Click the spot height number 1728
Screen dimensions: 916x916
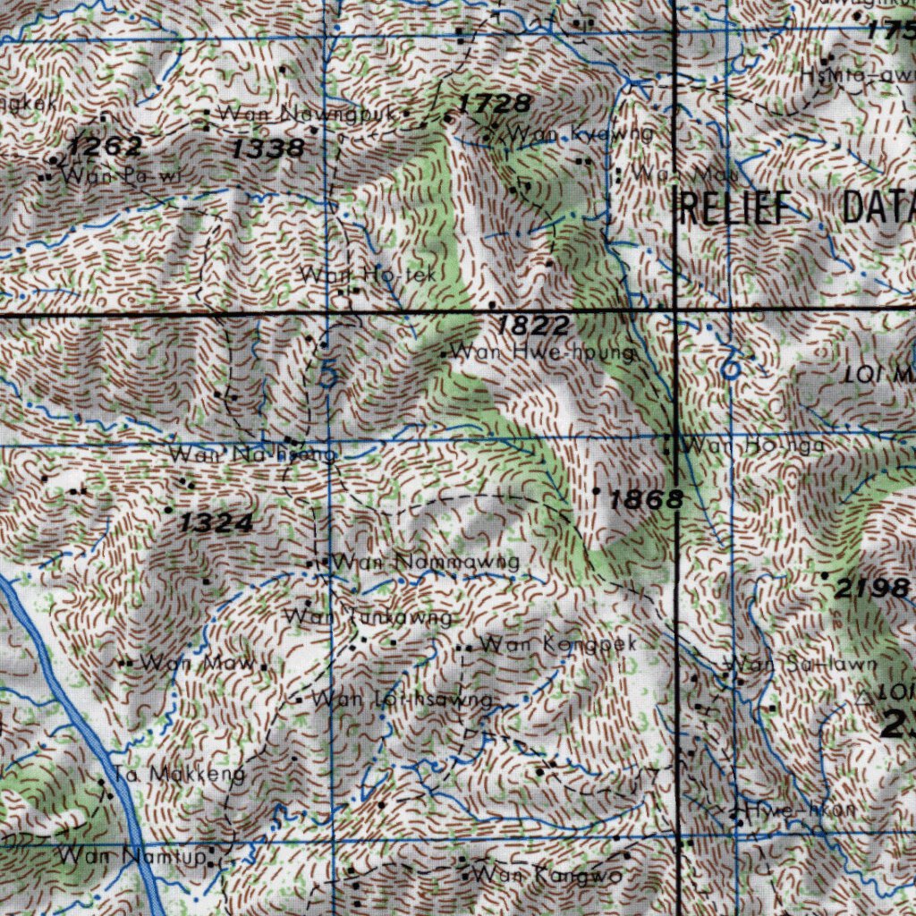[494, 104]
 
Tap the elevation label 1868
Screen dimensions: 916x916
[646, 500]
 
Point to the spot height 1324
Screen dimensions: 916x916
[216, 523]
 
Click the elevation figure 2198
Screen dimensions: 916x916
[872, 588]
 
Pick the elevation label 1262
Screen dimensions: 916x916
[105, 146]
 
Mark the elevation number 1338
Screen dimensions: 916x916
[267, 149]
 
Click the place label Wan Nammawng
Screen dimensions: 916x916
[425, 563]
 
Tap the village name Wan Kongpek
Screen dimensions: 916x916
[558, 643]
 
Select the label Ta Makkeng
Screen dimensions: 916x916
[180, 774]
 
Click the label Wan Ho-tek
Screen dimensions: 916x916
[369, 276]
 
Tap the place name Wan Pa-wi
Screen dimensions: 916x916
[122, 175]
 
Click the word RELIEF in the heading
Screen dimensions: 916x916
[738, 208]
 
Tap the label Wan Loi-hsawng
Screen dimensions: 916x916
[401, 700]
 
